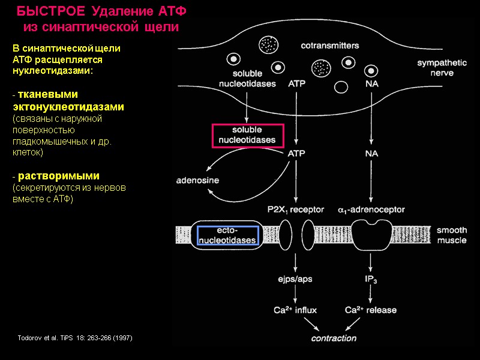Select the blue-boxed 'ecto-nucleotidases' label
click(227, 235)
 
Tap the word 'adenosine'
click(197, 180)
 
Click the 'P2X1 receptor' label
click(295, 210)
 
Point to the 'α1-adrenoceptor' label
click(371, 210)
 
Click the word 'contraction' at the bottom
click(333, 338)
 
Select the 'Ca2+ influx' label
click(295, 310)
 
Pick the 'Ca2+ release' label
click(371, 310)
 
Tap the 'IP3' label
click(371, 279)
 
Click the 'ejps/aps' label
click(295, 279)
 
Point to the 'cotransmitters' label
click(329, 45)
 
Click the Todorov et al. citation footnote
click(75, 338)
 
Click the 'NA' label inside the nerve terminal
click(371, 84)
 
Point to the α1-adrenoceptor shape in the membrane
click(370, 233)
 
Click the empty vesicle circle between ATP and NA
click(341, 87)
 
